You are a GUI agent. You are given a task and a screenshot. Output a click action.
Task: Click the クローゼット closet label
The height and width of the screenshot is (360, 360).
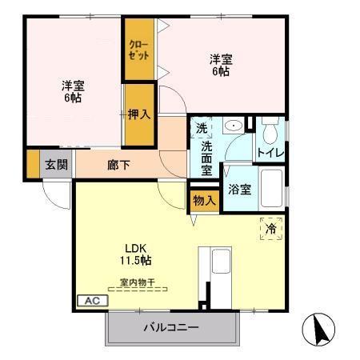tap(138, 51)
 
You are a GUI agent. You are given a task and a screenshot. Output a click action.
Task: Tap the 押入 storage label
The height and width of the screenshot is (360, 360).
tap(139, 114)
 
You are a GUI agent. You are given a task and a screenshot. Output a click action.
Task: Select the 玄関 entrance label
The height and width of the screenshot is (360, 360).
tap(56, 166)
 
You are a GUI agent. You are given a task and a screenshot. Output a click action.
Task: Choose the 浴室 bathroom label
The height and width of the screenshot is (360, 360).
tap(240, 190)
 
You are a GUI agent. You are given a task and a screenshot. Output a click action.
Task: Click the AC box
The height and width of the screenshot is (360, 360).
tap(90, 301)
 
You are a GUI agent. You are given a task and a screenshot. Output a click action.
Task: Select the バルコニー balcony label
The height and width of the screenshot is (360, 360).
tap(171, 327)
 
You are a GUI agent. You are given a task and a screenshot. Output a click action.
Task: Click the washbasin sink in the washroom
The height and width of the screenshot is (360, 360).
tap(234, 126)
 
